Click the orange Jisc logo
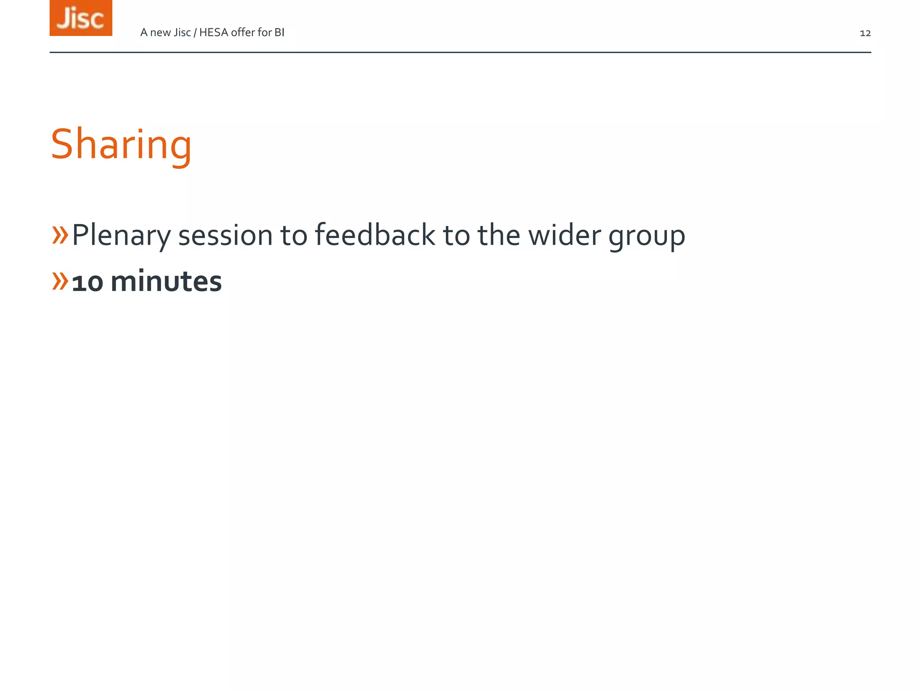coord(81,18)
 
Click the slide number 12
coord(865,33)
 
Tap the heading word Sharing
coord(121,144)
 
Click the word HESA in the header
coord(213,32)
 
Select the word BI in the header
coord(279,32)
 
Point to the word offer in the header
coord(242,32)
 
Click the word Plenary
coord(121,235)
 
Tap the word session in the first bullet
coord(225,235)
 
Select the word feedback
coord(375,235)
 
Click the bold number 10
coord(87,283)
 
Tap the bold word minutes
coord(166,282)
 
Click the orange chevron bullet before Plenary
coord(60,235)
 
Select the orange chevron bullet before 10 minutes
coord(60,281)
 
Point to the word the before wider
coord(498,235)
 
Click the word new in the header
coord(160,33)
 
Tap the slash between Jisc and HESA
coord(195,32)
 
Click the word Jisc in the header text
coord(182,32)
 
